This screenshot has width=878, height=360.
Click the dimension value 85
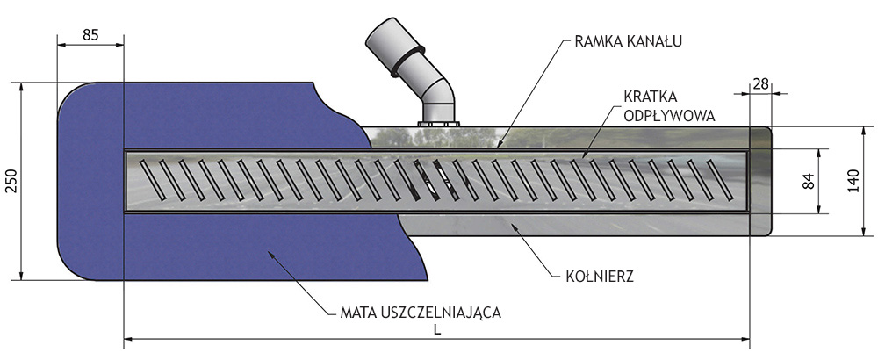pyautogui.click(x=90, y=35)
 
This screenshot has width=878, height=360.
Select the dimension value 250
pyautogui.click(x=10, y=181)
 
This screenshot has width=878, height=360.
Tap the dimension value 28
pyautogui.click(x=761, y=83)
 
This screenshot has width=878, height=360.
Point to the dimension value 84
pyautogui.click(x=809, y=181)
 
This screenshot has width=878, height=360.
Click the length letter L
pyautogui.click(x=436, y=329)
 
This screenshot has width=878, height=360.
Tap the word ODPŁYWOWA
pyautogui.click(x=669, y=114)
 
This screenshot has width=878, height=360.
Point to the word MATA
pyautogui.click(x=356, y=310)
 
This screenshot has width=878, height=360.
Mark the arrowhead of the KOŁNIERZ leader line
pyautogui.click(x=514, y=226)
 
